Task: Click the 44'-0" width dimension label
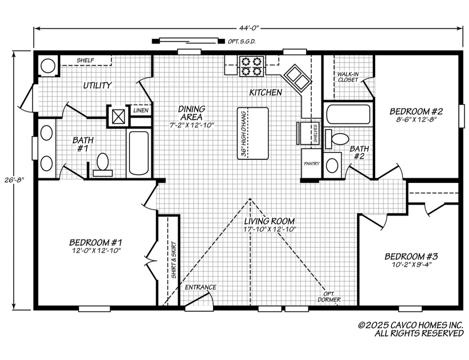[248, 29]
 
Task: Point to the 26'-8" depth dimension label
[14, 180]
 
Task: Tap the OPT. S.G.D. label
[242, 42]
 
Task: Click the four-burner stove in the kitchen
[251, 66]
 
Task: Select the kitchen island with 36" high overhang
[253, 133]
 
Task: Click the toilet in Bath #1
[102, 164]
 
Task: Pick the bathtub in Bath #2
[348, 114]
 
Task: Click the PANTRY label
[312, 164]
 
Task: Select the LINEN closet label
[141, 110]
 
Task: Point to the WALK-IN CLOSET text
[348, 77]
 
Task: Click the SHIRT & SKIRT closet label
[174, 260]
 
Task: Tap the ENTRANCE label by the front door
[200, 287]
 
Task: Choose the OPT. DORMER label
[329, 297]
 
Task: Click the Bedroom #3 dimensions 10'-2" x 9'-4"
[411, 264]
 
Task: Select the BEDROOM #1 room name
[96, 242]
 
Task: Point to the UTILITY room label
[97, 86]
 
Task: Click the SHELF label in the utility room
[85, 60]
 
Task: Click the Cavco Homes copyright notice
[411, 329]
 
